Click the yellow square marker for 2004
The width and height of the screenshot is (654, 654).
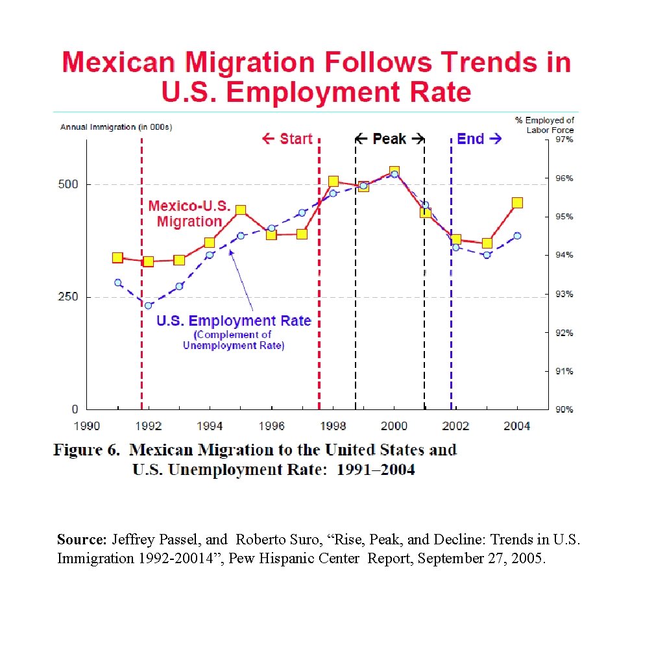[x=517, y=202]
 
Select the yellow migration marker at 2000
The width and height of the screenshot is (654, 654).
[x=394, y=172]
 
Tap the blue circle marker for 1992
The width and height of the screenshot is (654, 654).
[x=148, y=306]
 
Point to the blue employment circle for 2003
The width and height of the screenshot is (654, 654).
[x=487, y=255]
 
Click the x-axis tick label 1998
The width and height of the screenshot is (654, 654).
[x=333, y=426]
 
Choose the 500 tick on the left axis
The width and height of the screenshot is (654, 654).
[x=69, y=184]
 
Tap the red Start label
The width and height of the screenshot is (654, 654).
[x=287, y=139]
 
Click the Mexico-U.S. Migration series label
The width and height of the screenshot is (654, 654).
[x=189, y=213]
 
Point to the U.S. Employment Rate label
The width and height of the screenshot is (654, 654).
[x=234, y=321]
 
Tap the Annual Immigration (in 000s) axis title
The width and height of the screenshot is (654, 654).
[x=116, y=127]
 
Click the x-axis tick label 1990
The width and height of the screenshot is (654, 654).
[x=87, y=426]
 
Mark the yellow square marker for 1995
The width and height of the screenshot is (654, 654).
[x=241, y=210]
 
